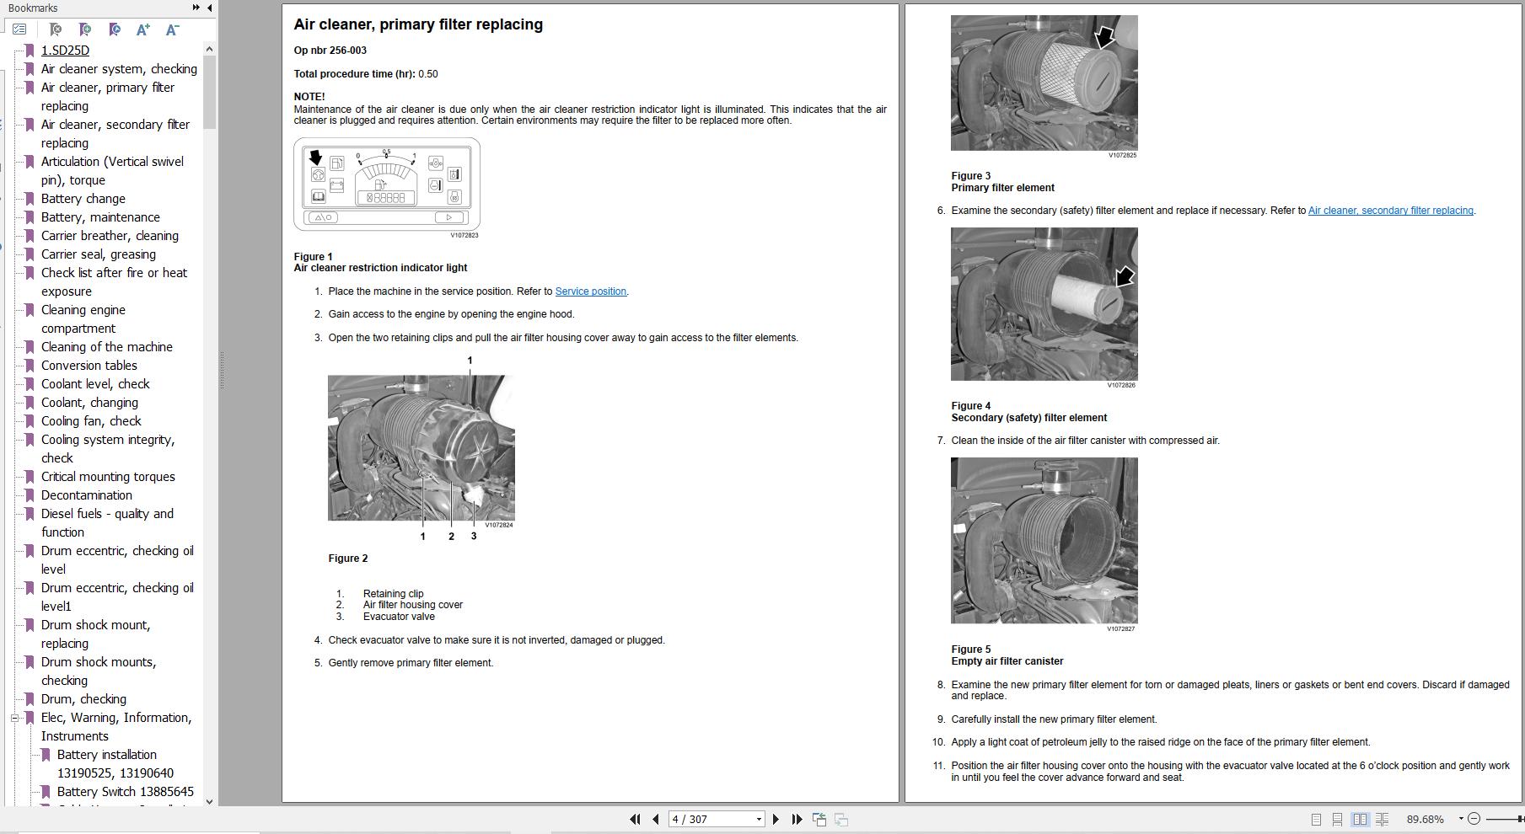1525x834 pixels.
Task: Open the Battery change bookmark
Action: [x=83, y=199]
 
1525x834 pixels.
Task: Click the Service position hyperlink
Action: [x=590, y=291]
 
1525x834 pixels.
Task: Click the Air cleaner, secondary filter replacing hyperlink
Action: [x=1390, y=211]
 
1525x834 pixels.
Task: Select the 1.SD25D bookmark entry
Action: [x=65, y=51]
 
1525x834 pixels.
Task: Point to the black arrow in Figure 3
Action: [x=1103, y=37]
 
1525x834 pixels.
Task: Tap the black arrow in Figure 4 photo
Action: [x=1125, y=277]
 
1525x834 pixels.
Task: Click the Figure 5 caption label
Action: [x=971, y=650]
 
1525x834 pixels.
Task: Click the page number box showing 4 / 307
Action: [x=712, y=819]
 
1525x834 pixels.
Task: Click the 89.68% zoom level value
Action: [x=1425, y=819]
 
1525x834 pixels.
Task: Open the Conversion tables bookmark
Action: [x=89, y=366]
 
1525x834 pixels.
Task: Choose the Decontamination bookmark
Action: [x=86, y=495]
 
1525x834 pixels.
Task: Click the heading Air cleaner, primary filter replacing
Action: [x=418, y=24]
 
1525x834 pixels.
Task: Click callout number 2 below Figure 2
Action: [x=451, y=537]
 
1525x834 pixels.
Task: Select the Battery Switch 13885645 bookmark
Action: [x=125, y=792]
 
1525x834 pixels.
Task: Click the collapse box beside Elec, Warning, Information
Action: [x=14, y=718]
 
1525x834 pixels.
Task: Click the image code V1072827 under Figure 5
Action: [x=1121, y=628]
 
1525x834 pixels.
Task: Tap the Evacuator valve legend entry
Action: [x=398, y=617]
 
